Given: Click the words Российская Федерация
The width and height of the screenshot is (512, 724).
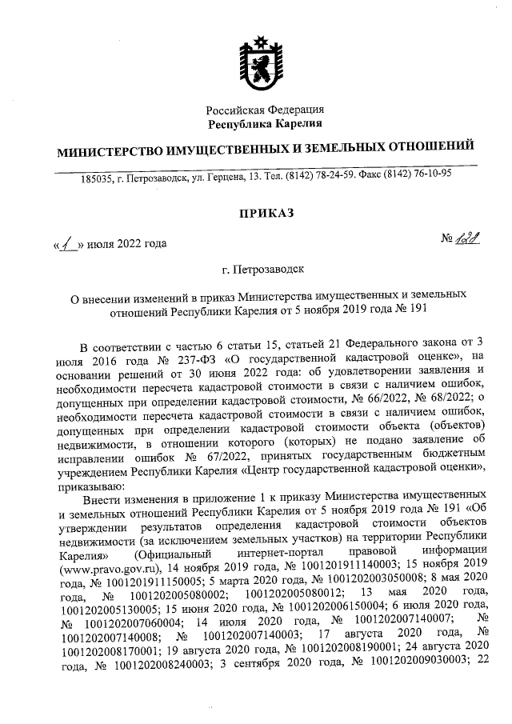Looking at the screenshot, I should pos(265,110).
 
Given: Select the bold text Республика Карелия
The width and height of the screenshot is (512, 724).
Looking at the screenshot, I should pos(265,123).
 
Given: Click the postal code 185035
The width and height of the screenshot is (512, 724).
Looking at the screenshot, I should pos(96,175).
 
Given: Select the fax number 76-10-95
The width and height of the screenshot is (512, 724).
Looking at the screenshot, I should pos(431,174).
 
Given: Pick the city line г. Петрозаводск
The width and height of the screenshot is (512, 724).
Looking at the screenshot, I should pos(265,272).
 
